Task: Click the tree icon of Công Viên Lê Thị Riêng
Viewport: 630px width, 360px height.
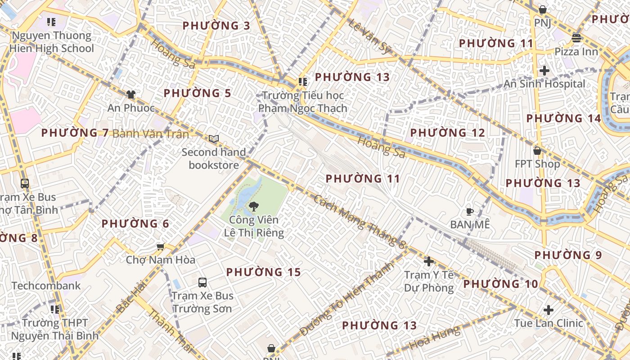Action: click(x=253, y=207)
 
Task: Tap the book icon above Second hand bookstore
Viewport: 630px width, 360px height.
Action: click(x=214, y=139)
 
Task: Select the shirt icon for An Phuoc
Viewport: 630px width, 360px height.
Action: click(x=130, y=94)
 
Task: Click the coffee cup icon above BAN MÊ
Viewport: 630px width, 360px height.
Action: click(x=470, y=211)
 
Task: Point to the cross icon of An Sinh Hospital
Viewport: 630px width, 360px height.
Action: click(x=544, y=71)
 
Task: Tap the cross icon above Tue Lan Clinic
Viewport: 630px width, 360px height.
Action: click(x=548, y=310)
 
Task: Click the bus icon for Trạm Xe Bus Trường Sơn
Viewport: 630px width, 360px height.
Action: click(x=202, y=283)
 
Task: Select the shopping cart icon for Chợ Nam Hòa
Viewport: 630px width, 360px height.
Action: click(x=160, y=247)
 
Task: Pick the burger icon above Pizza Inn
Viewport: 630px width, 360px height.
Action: click(x=576, y=38)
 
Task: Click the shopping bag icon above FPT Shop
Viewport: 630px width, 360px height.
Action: click(x=537, y=150)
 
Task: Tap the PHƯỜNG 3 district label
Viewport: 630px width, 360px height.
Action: click(x=216, y=26)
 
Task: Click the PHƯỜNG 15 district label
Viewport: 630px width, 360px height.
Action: click(x=263, y=272)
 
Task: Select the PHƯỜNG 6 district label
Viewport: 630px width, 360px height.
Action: click(x=135, y=224)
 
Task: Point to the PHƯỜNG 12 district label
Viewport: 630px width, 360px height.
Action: click(x=447, y=133)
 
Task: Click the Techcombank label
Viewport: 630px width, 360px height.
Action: click(x=46, y=286)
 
